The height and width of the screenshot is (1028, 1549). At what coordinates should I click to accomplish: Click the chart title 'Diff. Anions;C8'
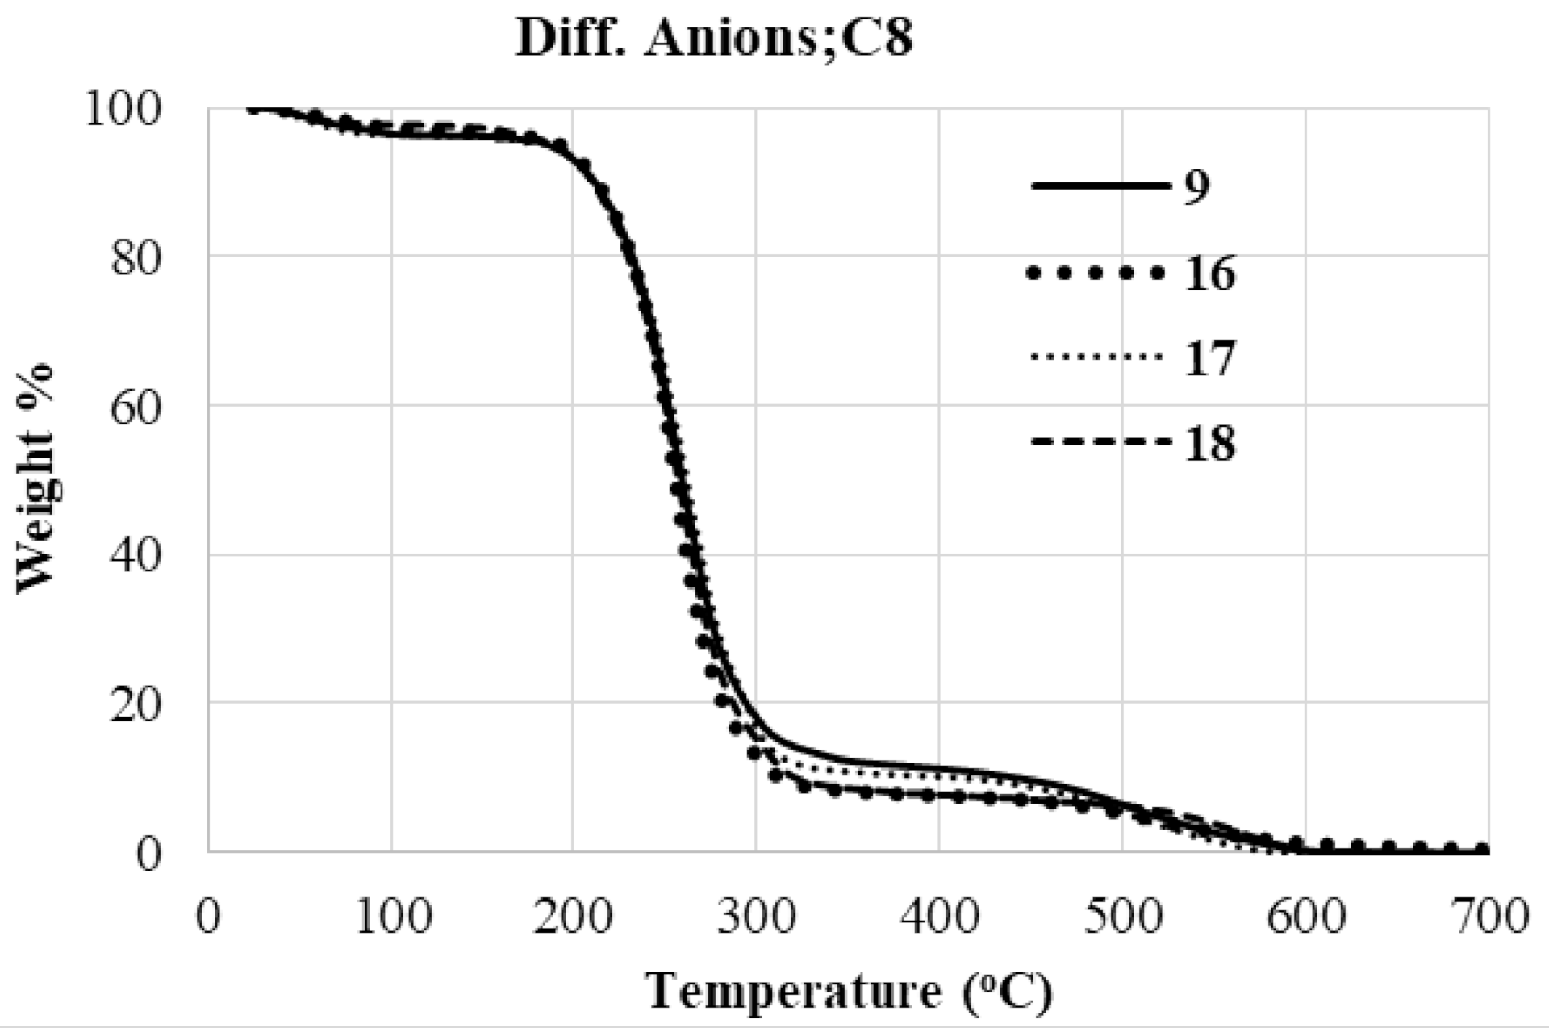pyautogui.click(x=714, y=38)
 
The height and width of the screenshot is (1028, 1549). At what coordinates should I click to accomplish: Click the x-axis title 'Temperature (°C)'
pyautogui.click(x=850, y=991)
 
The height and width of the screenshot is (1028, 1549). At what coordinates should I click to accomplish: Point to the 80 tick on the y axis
pyautogui.click(x=136, y=258)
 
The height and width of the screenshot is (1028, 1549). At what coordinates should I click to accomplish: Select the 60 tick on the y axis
pyautogui.click(x=136, y=407)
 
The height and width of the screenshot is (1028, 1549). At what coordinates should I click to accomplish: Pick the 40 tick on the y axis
pyautogui.click(x=136, y=556)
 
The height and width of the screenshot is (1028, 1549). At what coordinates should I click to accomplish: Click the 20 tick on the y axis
pyautogui.click(x=136, y=704)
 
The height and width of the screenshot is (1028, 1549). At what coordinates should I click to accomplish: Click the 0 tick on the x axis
pyautogui.click(x=209, y=917)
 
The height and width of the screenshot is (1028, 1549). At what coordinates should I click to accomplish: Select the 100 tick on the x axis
pyautogui.click(x=392, y=917)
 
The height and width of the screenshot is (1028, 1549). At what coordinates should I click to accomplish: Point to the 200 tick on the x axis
pyautogui.click(x=574, y=917)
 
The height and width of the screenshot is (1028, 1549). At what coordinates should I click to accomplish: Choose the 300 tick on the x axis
pyautogui.click(x=757, y=917)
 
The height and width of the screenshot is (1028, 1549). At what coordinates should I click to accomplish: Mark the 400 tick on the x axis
pyautogui.click(x=940, y=917)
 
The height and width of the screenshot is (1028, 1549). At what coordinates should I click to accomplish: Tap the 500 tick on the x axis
pyautogui.click(x=1123, y=917)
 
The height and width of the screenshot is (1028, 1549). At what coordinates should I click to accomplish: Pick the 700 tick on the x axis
pyautogui.click(x=1488, y=917)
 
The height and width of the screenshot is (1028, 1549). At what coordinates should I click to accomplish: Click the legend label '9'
pyautogui.click(x=1197, y=187)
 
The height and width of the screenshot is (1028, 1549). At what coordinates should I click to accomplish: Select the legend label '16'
pyautogui.click(x=1210, y=274)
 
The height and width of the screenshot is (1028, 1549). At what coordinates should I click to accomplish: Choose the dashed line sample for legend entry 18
pyautogui.click(x=1100, y=442)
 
